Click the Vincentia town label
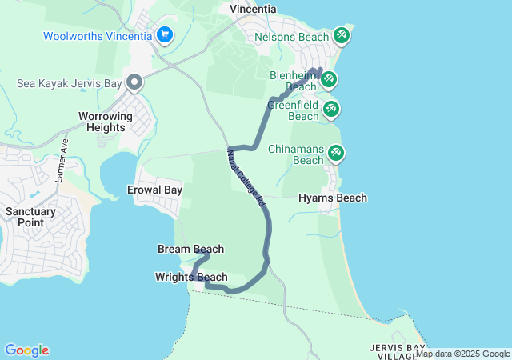click(253, 9)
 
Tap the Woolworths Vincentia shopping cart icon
click(165, 34)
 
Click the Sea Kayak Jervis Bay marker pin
click(134, 82)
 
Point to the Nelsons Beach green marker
click(342, 35)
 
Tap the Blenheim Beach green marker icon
click(327, 78)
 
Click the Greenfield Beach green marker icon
click(331, 107)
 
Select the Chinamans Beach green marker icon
click(335, 151)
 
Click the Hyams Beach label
click(333, 198)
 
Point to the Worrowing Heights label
click(106, 122)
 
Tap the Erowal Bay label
click(155, 190)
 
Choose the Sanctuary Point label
click(30, 217)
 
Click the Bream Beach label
click(190, 250)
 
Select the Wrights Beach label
click(191, 278)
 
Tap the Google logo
click(26, 350)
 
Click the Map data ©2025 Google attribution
click(462, 354)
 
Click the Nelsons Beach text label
click(291, 37)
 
